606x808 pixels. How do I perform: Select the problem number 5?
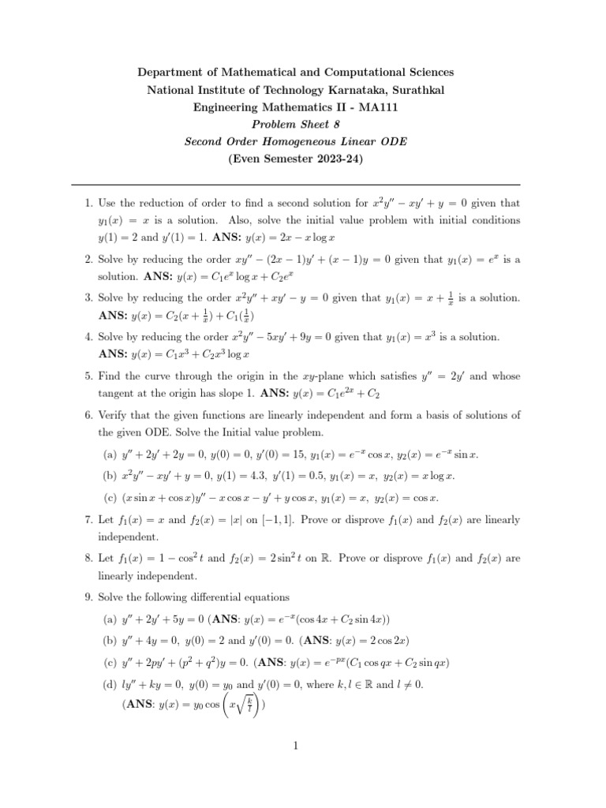(x=88, y=374)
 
